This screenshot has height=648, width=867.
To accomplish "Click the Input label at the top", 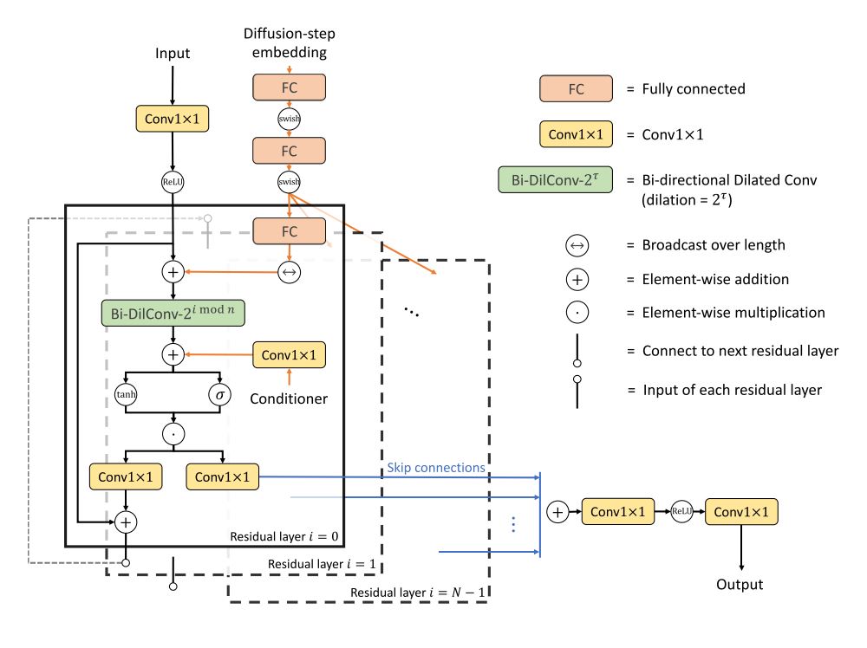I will (173, 54).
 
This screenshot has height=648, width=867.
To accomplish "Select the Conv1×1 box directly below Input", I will (173, 120).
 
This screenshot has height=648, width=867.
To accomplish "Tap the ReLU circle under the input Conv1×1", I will (173, 183).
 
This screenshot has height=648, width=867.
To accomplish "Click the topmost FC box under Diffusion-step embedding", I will (289, 87).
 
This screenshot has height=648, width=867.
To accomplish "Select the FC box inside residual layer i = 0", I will (289, 231).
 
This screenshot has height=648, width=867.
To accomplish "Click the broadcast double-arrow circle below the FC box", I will (289, 271).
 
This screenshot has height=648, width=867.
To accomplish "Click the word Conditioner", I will (289, 399).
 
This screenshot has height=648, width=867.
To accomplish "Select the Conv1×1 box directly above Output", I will (741, 512).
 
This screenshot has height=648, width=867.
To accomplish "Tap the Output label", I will (740, 585).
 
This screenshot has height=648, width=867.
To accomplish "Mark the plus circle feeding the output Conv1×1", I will (557, 513).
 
